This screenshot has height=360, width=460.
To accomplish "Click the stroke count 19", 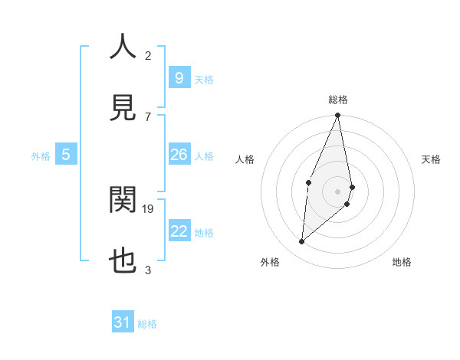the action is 149,208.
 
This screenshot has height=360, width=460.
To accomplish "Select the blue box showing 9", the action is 179,77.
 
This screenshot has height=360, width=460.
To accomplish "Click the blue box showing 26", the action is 179,155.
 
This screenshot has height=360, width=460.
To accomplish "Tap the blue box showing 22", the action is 179,231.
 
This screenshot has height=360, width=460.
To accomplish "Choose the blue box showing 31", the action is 123,322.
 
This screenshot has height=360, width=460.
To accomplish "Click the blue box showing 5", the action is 66,155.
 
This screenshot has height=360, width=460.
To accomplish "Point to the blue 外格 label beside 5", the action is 41,156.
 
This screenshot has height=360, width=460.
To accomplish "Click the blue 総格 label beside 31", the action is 147,324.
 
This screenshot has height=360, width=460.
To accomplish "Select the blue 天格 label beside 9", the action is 204,79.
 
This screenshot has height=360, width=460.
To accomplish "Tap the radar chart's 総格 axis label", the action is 338,100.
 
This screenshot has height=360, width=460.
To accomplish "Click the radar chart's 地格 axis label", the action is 402,262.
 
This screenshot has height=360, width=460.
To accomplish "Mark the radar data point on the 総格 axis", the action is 337,116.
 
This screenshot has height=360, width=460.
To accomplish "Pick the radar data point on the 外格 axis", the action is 302,241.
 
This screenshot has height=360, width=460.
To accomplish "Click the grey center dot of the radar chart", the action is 337,191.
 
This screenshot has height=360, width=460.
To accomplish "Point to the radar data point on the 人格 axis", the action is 308,182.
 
